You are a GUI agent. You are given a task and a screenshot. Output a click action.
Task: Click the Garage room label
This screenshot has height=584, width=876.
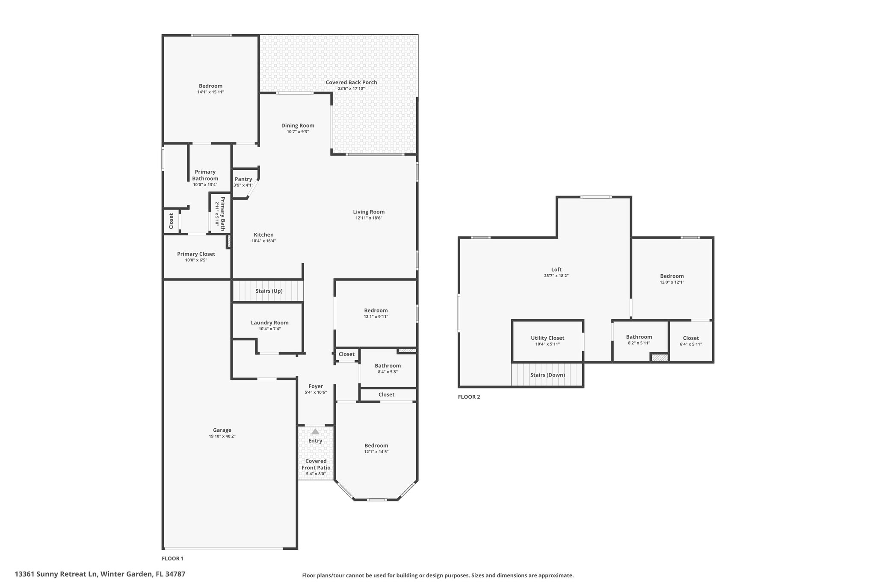(222, 430)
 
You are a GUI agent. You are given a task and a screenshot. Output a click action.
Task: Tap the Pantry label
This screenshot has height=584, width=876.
(243, 179)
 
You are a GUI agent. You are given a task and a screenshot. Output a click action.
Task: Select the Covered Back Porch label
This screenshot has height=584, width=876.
(351, 82)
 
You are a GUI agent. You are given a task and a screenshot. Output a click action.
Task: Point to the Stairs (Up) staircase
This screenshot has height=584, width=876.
(268, 291)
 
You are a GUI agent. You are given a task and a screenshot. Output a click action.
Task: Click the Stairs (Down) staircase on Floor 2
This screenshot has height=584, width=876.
(547, 375)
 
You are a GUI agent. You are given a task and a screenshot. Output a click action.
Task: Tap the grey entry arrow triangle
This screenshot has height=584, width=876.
(315, 432)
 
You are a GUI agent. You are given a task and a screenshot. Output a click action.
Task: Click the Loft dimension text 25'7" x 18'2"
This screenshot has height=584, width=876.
(556, 276)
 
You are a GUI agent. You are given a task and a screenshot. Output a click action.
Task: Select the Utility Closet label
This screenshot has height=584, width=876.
(547, 338)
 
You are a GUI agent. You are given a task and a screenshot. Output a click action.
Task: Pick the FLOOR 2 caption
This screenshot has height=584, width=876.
(469, 397)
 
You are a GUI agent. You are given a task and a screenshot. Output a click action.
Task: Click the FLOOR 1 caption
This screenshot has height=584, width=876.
(172, 558)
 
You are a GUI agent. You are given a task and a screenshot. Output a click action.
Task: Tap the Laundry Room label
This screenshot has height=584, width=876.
(269, 323)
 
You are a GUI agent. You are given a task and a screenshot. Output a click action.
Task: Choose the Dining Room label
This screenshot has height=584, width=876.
(298, 125)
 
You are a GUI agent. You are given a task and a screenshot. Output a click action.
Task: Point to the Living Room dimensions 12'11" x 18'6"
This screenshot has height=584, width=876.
(369, 218)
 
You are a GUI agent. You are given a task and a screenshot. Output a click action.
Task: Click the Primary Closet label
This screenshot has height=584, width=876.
(196, 254)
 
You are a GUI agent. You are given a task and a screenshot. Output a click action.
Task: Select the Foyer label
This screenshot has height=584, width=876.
(316, 386)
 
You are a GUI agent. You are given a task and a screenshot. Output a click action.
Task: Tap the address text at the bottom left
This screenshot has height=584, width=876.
(100, 574)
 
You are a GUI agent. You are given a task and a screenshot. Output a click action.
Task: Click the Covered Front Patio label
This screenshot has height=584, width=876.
(316, 464)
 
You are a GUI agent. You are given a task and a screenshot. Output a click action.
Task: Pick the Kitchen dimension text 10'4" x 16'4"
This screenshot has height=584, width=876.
(263, 241)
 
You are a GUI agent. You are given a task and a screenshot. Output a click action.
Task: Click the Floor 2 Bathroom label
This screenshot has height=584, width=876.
(639, 337)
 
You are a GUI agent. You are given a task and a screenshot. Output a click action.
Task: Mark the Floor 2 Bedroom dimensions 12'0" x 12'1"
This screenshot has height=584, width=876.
(672, 282)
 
